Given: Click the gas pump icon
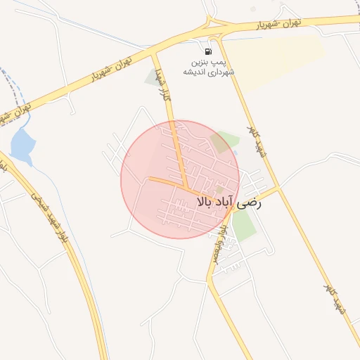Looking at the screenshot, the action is [208, 51].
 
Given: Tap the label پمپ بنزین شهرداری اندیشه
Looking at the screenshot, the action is [209, 67].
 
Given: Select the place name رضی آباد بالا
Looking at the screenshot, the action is [229, 202].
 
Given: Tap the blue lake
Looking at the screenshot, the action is [22, 144].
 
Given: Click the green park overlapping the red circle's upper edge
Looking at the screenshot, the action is [224, 141].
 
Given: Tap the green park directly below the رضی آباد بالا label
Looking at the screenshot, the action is [243, 225].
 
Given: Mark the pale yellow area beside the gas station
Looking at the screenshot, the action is [278, 60].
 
